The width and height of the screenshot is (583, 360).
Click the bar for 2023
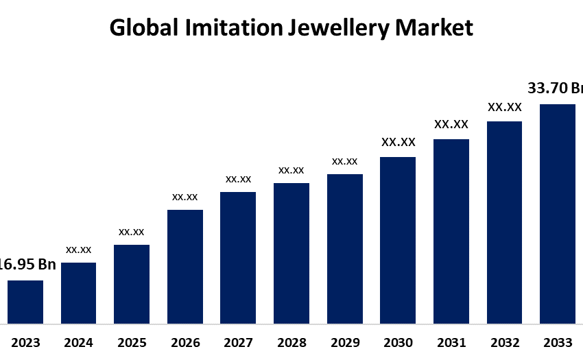click(x=25, y=302)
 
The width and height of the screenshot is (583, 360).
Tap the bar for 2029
click(x=345, y=248)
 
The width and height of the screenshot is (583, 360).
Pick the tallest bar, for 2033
click(x=558, y=213)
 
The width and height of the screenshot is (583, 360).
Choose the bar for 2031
click(x=451, y=231)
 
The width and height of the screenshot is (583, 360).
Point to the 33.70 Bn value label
click(x=555, y=88)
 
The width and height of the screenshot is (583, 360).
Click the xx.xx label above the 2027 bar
click(x=239, y=179)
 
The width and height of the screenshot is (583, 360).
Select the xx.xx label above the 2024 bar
click(x=79, y=250)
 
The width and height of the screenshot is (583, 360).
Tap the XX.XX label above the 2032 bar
click(x=505, y=107)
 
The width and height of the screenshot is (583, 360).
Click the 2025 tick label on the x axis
click(x=132, y=343)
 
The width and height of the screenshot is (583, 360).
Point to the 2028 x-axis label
click(x=291, y=343)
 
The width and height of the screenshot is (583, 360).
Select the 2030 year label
click(x=398, y=343)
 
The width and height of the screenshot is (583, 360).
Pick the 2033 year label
click(x=558, y=343)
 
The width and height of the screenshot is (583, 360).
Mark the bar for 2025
click(x=132, y=284)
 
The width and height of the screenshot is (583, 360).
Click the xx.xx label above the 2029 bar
click(x=345, y=161)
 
